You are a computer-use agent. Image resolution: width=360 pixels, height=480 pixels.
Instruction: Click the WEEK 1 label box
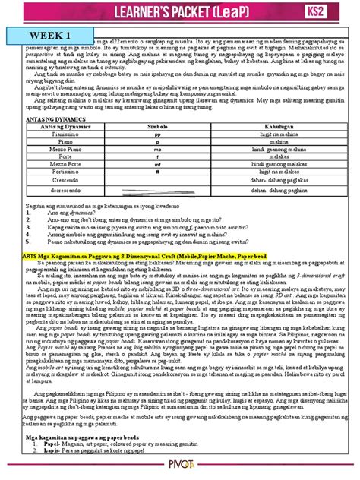(46, 36)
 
